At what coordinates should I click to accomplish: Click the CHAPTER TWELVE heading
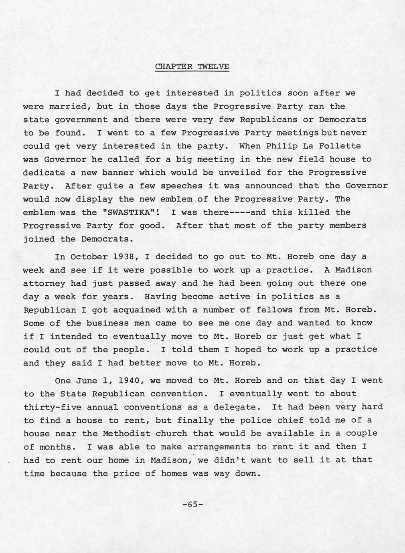tap(192, 67)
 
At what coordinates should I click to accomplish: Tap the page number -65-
tap(193, 505)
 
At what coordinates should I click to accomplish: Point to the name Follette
tap(340, 146)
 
